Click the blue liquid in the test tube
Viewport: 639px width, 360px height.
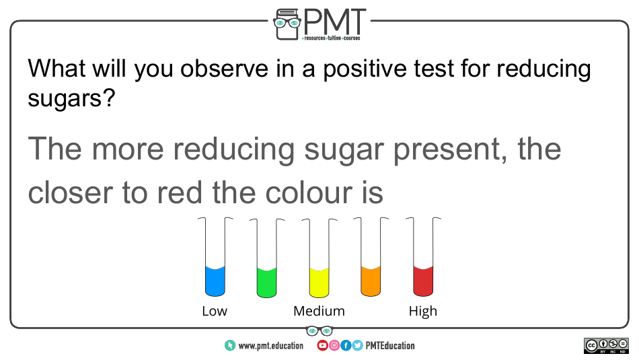tap(215, 281)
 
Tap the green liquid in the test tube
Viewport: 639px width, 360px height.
tap(267, 283)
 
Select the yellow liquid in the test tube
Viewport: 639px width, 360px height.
tap(319, 283)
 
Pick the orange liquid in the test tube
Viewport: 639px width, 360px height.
tap(371, 281)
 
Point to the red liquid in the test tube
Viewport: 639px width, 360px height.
tap(423, 281)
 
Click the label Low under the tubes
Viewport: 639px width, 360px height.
tap(215, 311)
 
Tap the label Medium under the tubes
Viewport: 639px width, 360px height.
tap(319, 311)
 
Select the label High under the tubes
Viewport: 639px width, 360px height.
tap(423, 312)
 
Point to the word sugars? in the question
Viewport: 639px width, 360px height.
tap(72, 99)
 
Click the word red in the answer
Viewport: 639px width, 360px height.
tap(180, 192)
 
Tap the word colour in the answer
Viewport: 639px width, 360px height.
tap(309, 192)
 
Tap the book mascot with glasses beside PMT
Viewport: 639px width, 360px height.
tap(287, 24)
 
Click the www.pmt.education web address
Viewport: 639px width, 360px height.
tap(271, 346)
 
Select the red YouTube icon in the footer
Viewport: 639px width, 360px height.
tap(322, 345)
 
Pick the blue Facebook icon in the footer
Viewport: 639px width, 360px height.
tap(346, 345)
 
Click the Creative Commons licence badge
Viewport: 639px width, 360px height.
tap(606, 346)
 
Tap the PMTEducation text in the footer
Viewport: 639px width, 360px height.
tap(390, 346)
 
